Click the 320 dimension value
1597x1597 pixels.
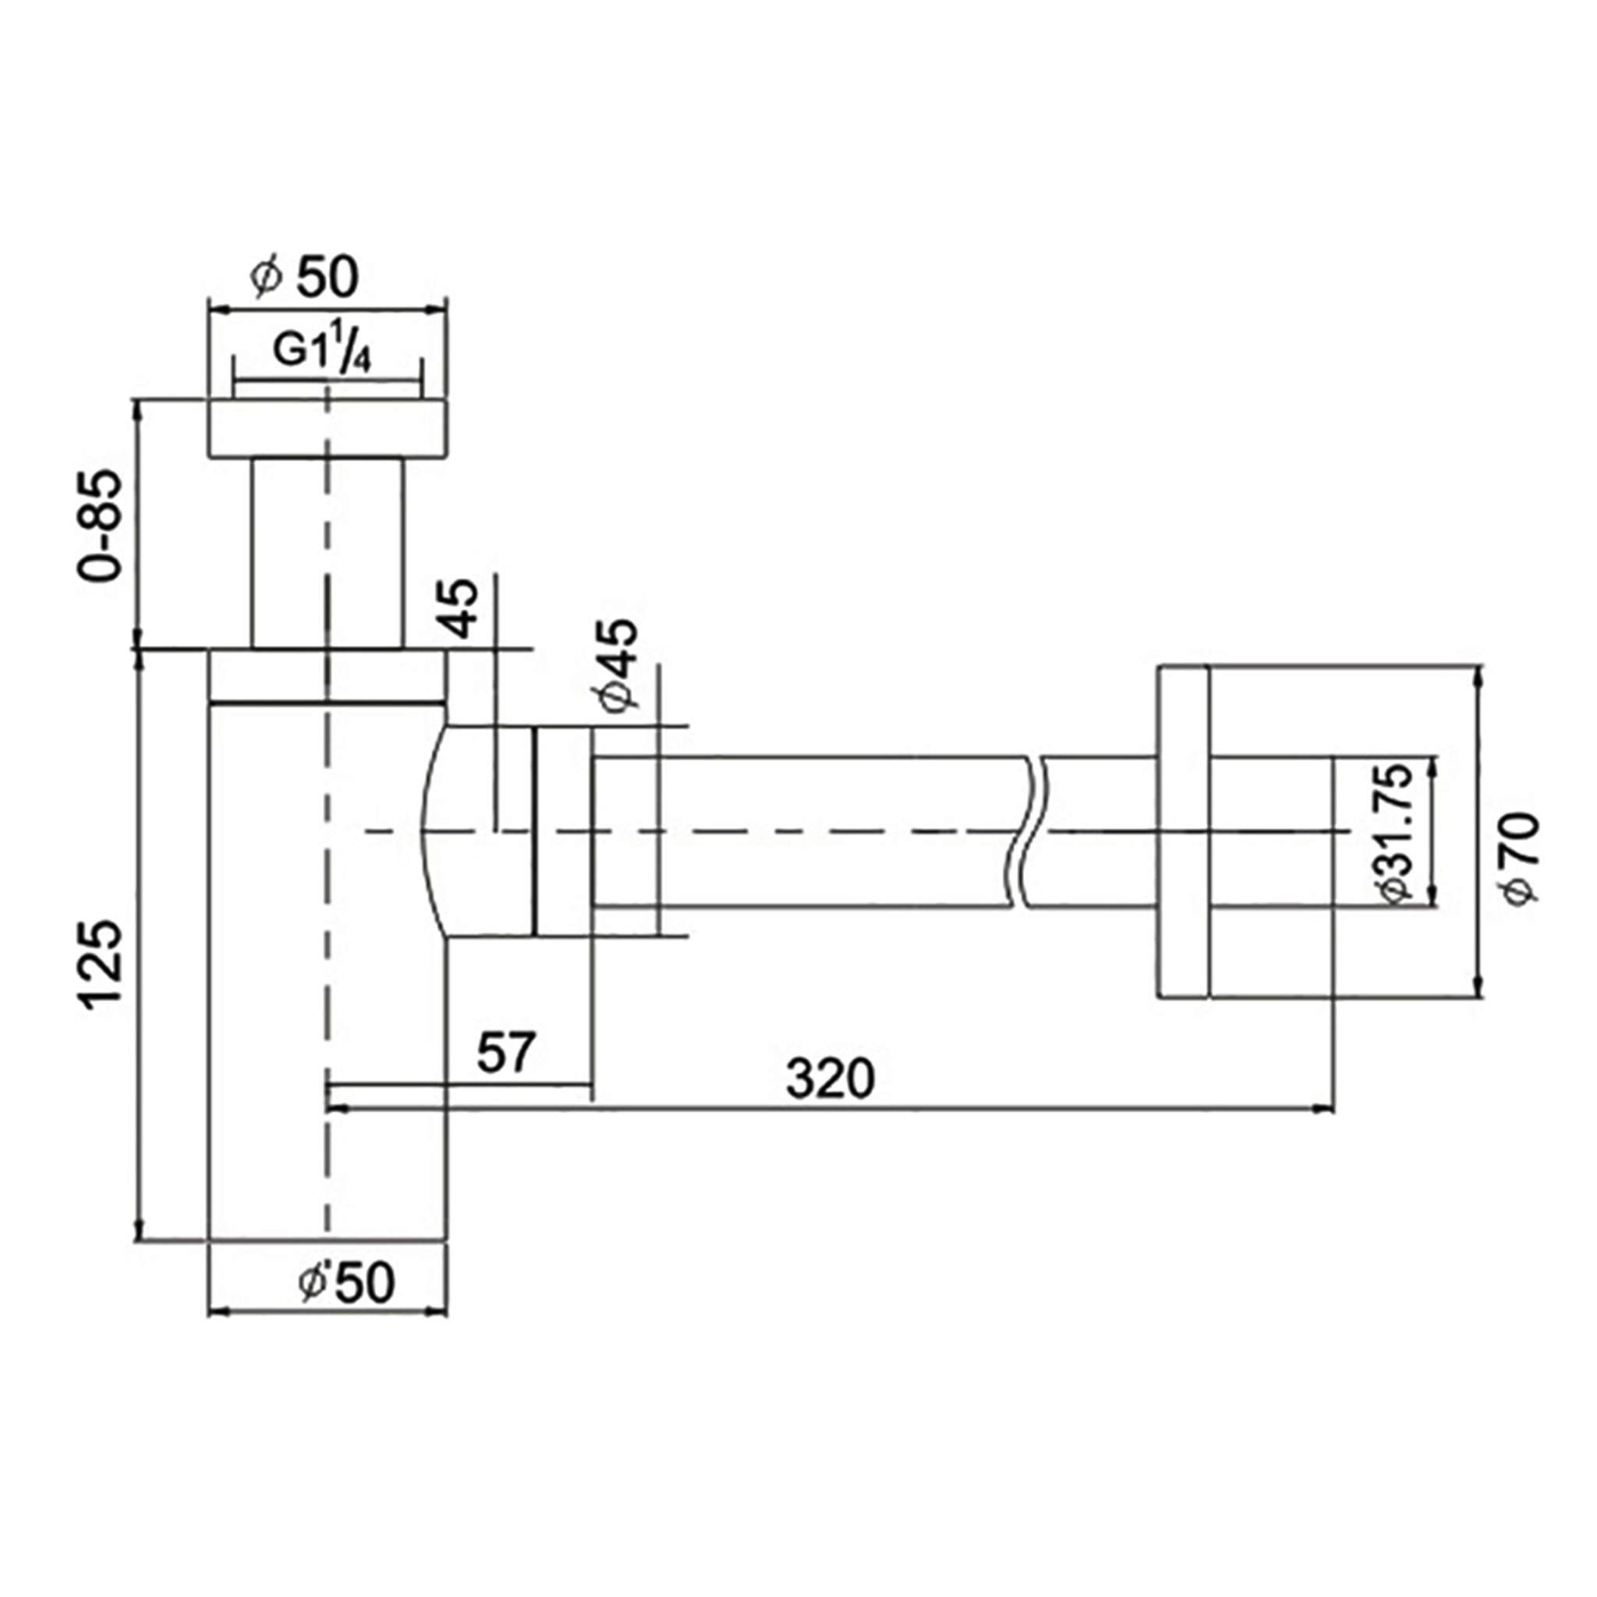click(x=829, y=1078)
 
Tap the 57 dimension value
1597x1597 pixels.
click(x=507, y=1052)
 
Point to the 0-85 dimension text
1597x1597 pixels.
click(x=99, y=526)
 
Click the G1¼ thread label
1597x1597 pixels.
click(x=321, y=352)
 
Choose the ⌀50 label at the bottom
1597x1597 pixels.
click(x=347, y=1283)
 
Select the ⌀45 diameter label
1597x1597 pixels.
click(x=621, y=664)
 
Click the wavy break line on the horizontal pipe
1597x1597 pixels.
click(x=1025, y=830)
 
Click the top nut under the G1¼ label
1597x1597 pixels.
click(x=328, y=428)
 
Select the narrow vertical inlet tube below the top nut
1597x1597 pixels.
click(x=328, y=552)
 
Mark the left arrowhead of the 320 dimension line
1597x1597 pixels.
click(x=338, y=1107)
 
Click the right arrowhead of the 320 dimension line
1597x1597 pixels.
click(x=1323, y=1107)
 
